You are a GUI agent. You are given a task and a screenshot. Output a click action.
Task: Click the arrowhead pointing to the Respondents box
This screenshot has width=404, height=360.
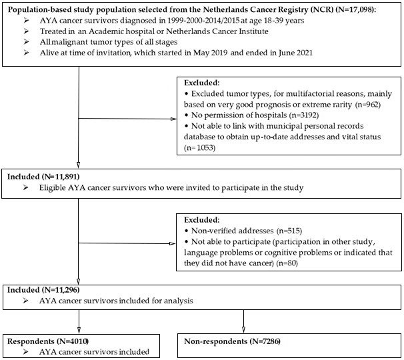[79, 331]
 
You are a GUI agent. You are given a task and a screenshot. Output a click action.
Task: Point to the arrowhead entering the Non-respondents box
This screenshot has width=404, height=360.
[245, 331]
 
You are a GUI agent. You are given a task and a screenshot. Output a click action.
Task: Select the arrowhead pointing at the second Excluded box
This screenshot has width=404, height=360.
[175, 243]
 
